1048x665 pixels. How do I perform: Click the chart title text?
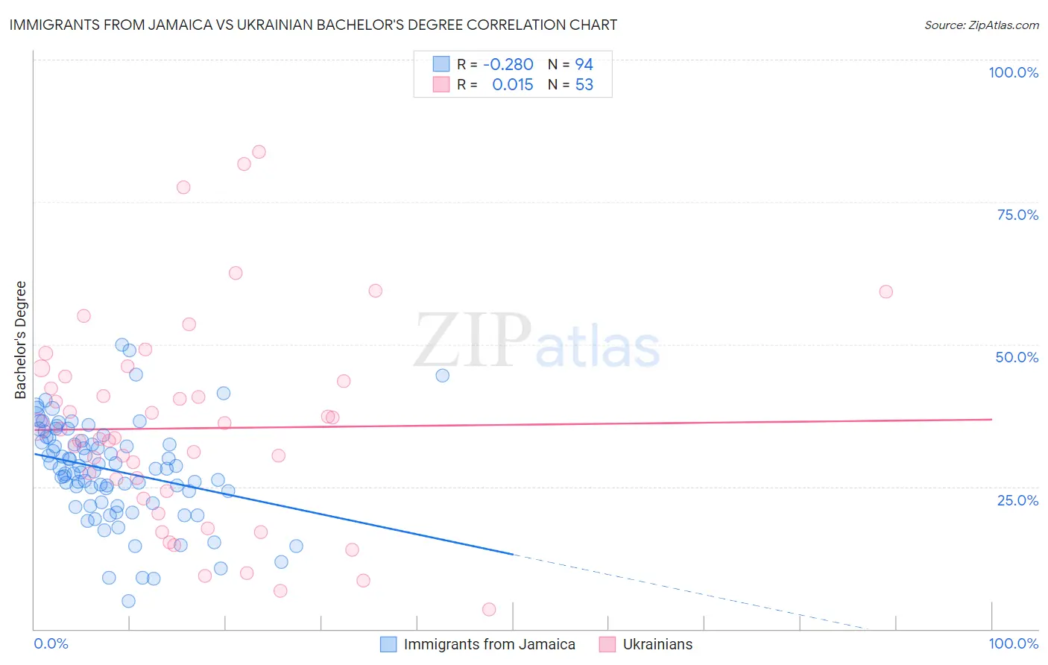[313, 25]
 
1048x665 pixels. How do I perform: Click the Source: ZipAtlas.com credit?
[981, 25]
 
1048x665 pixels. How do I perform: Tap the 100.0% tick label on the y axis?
[1013, 72]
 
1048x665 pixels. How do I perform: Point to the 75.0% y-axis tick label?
[1017, 215]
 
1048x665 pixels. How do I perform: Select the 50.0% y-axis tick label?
[1017, 357]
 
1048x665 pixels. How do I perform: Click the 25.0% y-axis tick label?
[1017, 499]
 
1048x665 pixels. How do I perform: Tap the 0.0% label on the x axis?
[51, 643]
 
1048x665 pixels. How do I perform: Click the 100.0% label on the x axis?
[1013, 643]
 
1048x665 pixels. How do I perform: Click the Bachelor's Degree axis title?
[21, 340]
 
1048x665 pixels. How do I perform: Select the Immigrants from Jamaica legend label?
[489, 644]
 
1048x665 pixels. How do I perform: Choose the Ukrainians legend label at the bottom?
[657, 644]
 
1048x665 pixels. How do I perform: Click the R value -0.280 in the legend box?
[508, 65]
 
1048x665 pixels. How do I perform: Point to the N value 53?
[584, 85]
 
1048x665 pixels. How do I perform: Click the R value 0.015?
[513, 85]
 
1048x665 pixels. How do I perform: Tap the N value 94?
[584, 65]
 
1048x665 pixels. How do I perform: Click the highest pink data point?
[259, 152]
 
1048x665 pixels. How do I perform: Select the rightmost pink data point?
[886, 291]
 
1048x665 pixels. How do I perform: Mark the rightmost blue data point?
[442, 376]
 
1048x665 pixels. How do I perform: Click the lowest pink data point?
[489, 609]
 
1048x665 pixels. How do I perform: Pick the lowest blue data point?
[128, 601]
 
